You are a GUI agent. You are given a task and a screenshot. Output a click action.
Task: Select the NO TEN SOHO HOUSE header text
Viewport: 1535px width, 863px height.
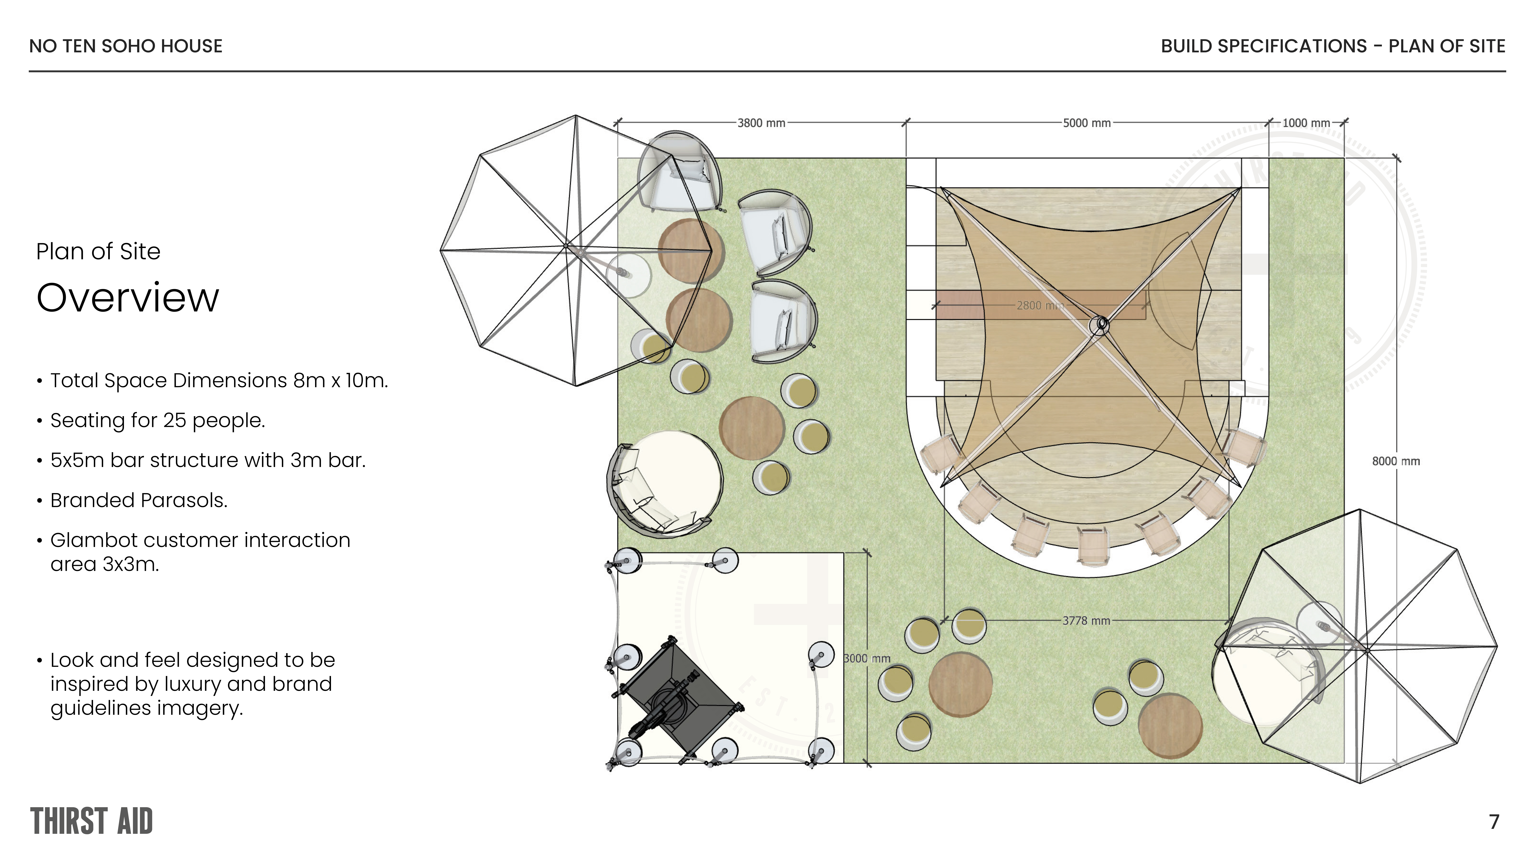(x=126, y=46)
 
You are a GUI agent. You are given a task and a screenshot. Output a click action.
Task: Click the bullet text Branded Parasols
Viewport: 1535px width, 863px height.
(x=139, y=500)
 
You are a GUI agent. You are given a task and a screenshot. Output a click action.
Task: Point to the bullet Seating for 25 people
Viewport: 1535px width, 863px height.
(x=157, y=421)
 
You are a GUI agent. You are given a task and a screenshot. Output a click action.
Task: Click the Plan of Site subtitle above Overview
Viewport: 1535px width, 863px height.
(x=98, y=251)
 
